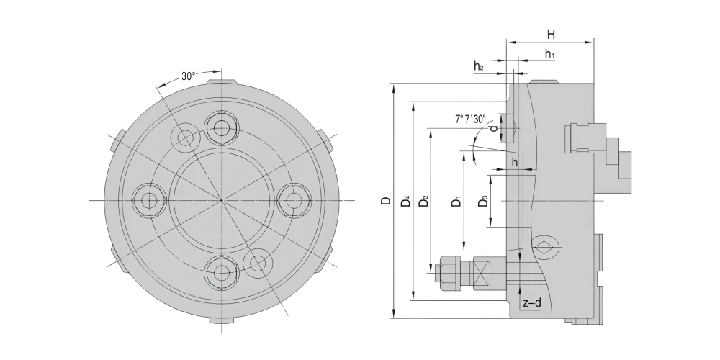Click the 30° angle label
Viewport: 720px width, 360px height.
(188, 76)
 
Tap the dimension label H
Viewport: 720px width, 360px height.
(551, 35)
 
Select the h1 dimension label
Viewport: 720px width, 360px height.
(549, 54)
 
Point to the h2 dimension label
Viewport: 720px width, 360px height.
(479, 66)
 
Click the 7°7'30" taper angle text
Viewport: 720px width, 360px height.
(470, 120)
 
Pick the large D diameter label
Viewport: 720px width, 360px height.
(387, 201)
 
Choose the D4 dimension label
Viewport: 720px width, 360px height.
(405, 201)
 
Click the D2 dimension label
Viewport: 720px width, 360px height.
(424, 201)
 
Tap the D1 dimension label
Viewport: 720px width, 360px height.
(456, 201)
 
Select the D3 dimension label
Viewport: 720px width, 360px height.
(482, 201)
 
